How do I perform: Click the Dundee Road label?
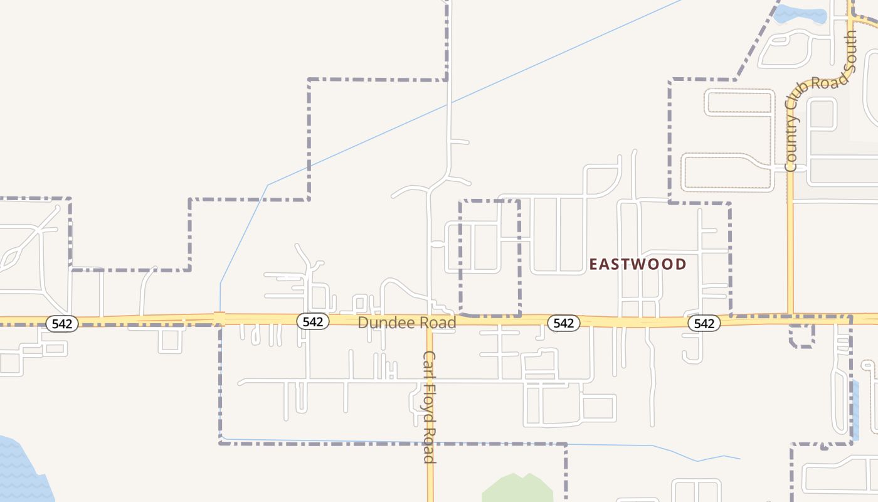point(406,323)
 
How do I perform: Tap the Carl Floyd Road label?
point(429,407)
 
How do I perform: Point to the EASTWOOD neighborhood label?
point(637,264)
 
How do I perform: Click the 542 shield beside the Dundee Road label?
point(312,322)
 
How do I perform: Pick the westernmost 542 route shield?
point(62,324)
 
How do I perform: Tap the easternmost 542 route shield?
point(704,323)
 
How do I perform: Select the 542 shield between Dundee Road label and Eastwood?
point(563,323)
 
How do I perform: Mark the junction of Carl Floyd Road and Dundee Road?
point(430,321)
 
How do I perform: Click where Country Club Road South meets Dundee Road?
point(790,316)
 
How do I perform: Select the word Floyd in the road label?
point(429,405)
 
